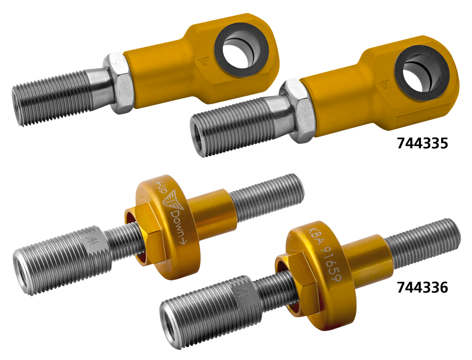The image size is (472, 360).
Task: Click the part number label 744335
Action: coord(423,143)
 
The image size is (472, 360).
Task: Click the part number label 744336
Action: coord(423,288)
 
